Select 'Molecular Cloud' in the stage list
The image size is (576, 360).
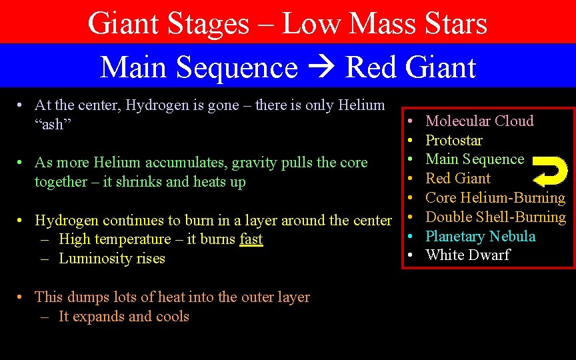(x=479, y=121)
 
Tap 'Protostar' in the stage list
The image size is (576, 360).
(x=453, y=140)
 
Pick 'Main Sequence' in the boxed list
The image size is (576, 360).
(x=475, y=159)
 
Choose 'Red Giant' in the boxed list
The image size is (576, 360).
(x=457, y=179)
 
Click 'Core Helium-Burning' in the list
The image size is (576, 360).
(x=495, y=198)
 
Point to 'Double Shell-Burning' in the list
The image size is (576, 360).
(x=495, y=217)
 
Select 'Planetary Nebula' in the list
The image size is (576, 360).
(x=480, y=236)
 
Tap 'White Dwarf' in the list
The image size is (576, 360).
(x=467, y=255)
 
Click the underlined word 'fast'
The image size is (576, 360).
(x=251, y=239)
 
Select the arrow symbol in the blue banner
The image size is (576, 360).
(x=321, y=68)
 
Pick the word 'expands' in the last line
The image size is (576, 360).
(x=100, y=317)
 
